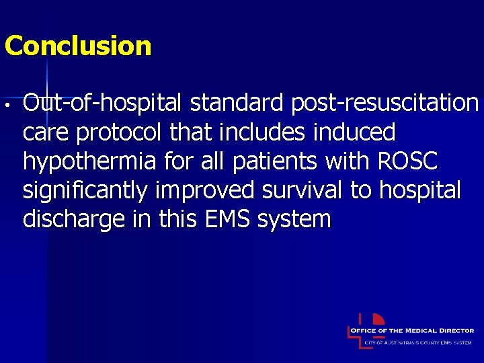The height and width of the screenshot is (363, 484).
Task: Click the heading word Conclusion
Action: click(x=78, y=46)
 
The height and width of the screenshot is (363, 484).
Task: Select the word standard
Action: click(x=236, y=104)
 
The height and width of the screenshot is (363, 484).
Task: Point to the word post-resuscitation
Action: click(x=384, y=104)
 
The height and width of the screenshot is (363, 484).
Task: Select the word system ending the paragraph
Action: click(x=296, y=219)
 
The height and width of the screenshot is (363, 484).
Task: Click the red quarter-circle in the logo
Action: click(x=378, y=319)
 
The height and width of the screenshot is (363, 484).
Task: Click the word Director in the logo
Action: click(x=458, y=331)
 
